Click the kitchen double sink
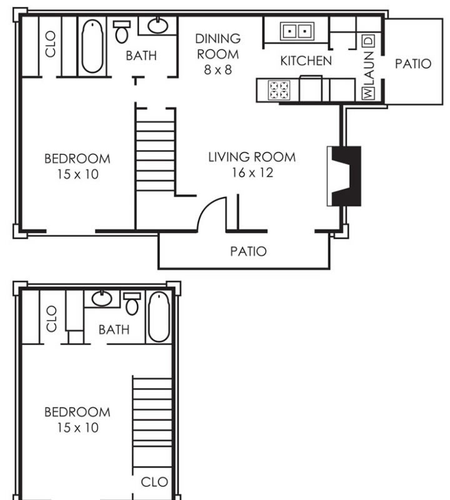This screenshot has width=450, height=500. pos(297,31)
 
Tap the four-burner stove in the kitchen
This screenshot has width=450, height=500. pos(279,90)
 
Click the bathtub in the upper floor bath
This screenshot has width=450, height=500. pos(92,46)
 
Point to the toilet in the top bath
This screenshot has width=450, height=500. pos(122,32)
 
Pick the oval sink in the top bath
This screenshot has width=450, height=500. pos(158,26)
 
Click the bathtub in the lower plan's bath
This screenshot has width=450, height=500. pos(159,317)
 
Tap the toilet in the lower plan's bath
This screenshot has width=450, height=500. pos(132,304)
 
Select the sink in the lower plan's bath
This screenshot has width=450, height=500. pos(102,299)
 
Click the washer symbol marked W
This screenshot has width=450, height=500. pos(367,93)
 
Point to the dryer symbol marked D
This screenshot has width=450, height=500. pos(368,41)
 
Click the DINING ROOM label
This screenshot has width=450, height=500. pos(218,46)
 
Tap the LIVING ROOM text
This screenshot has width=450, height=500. pos(252,157)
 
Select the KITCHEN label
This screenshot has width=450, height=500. pos(306,61)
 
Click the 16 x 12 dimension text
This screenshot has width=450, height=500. pos(252,173)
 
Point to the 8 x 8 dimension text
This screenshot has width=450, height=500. pos(218,70)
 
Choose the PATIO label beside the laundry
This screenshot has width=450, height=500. pos(413,64)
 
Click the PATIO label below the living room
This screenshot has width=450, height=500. pos(248,251)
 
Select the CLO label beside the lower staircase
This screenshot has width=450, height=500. pos(154,482)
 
